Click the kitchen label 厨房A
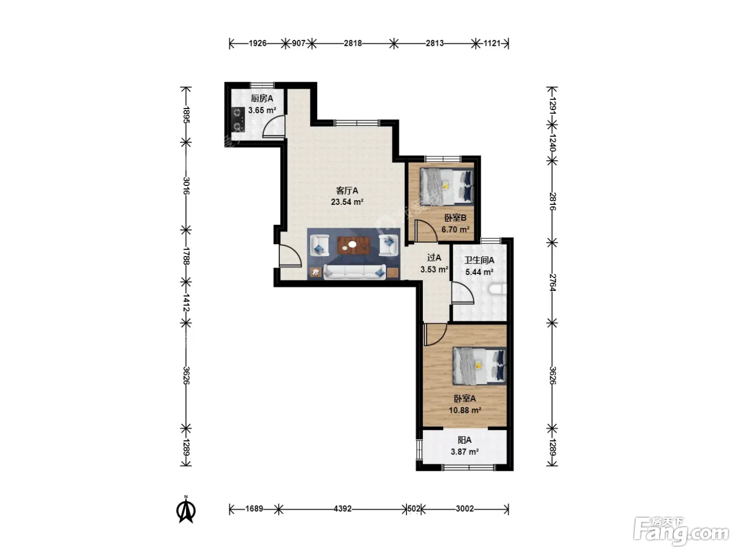(x=262, y=98)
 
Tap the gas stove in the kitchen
(x=238, y=119)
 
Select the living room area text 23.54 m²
(x=347, y=202)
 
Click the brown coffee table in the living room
(x=354, y=245)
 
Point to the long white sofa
(x=354, y=272)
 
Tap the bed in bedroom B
(x=446, y=186)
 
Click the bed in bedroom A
(x=480, y=366)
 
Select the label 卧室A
(x=465, y=399)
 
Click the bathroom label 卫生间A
(x=479, y=260)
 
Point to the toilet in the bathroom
(x=498, y=290)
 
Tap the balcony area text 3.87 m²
(x=464, y=451)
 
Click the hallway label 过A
(x=434, y=258)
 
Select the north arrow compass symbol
(x=186, y=511)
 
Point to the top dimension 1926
(x=258, y=43)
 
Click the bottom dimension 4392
(x=343, y=509)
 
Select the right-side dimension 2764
(x=552, y=282)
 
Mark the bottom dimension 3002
(x=464, y=509)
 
